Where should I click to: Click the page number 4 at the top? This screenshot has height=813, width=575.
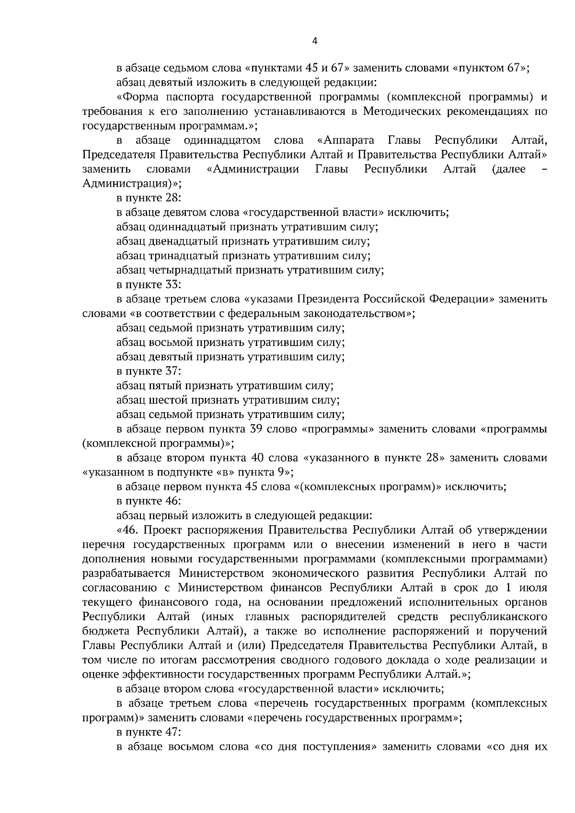pyautogui.click(x=314, y=41)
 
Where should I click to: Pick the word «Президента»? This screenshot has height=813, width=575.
pyautogui.click(x=328, y=299)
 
